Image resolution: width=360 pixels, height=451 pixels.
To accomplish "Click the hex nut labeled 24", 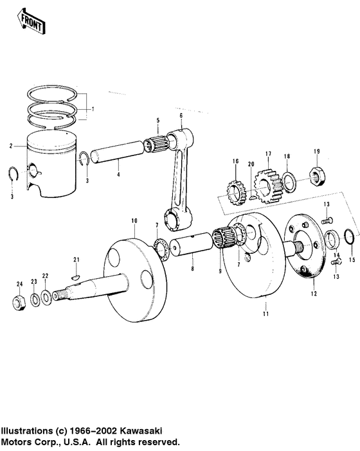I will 20,302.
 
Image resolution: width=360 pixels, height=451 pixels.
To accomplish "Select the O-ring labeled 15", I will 347,236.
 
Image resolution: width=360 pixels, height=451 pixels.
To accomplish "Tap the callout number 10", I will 134,221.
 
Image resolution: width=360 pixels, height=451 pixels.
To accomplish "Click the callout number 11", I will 265,314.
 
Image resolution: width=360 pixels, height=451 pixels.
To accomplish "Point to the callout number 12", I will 313,294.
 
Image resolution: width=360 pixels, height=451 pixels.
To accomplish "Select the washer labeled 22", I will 47,297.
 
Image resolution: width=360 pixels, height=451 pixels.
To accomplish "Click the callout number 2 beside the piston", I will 11,146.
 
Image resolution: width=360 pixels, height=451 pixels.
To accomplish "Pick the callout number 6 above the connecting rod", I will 181,115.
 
